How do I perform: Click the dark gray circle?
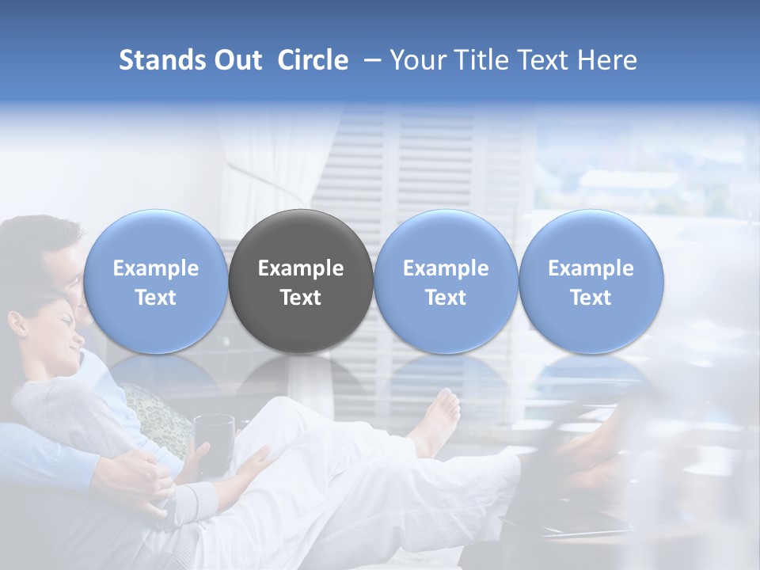(301, 281)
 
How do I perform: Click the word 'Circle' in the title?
(313, 60)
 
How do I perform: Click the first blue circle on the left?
(155, 281)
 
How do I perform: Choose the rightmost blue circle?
(591, 281)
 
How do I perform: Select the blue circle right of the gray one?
(446, 281)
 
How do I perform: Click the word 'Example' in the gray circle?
(301, 268)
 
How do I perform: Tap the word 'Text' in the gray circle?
(301, 298)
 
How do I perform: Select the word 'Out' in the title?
(235, 60)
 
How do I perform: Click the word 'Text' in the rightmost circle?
(591, 298)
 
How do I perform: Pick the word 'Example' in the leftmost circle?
(155, 268)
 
